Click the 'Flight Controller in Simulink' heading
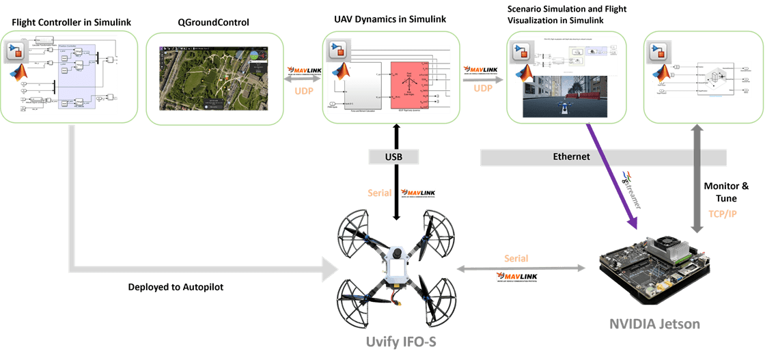tap(72, 23)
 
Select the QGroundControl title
tap(214, 23)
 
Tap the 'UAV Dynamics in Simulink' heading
tap(389, 19)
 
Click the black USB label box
tap(393, 157)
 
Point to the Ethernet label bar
tap(571, 157)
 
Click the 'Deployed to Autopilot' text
tap(176, 287)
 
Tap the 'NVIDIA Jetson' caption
tap(655, 323)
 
